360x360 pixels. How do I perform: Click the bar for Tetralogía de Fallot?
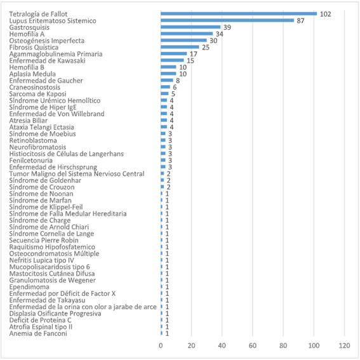click(x=239, y=14)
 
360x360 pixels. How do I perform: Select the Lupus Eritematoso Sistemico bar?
click(x=227, y=20)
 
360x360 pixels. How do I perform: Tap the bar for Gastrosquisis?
click(x=190, y=27)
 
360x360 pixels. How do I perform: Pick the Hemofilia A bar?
click(x=187, y=34)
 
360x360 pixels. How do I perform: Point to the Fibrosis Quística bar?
click(x=180, y=47)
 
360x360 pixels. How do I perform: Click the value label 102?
click(x=325, y=14)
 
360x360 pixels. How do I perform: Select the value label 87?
click(x=300, y=21)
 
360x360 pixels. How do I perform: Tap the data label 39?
click(x=227, y=27)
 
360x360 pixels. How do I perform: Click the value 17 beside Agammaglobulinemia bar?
click(x=194, y=54)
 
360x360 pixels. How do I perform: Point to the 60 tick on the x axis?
click(x=253, y=345)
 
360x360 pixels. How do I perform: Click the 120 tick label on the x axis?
click(x=344, y=345)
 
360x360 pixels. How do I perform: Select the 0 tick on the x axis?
click(x=161, y=345)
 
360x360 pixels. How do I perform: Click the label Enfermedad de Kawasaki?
click(x=47, y=60)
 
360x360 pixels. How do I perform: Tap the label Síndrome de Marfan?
click(x=41, y=201)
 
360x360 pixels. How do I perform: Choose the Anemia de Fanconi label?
click(x=38, y=333)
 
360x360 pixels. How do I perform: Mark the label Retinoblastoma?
click(x=33, y=140)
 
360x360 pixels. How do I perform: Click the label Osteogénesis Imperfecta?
click(x=47, y=41)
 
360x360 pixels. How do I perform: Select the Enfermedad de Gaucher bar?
click(x=167, y=81)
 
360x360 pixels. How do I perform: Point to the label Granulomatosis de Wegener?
click(x=53, y=281)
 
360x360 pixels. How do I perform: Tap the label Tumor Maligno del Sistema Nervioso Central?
click(x=77, y=174)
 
